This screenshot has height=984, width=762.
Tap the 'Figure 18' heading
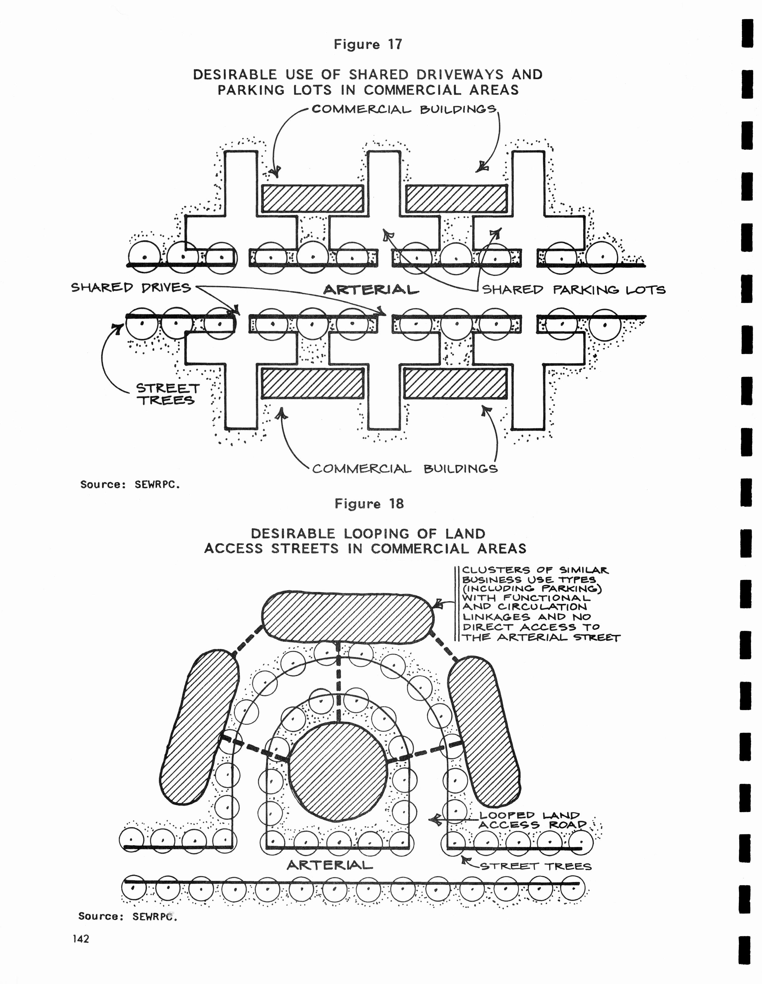tap(369, 504)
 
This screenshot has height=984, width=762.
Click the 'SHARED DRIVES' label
tap(131, 287)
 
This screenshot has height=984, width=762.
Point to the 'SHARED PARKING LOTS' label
tap(573, 290)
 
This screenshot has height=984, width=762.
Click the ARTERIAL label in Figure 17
tap(371, 290)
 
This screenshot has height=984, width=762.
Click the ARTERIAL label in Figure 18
tap(329, 865)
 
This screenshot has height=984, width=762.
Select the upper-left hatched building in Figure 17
tap(312, 198)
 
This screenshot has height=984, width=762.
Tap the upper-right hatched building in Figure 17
tap(456, 198)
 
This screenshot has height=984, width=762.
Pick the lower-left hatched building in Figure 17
tap(312, 383)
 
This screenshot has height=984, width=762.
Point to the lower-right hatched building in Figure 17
tap(455, 383)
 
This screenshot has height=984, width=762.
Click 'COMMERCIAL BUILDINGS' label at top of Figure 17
tap(404, 109)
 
